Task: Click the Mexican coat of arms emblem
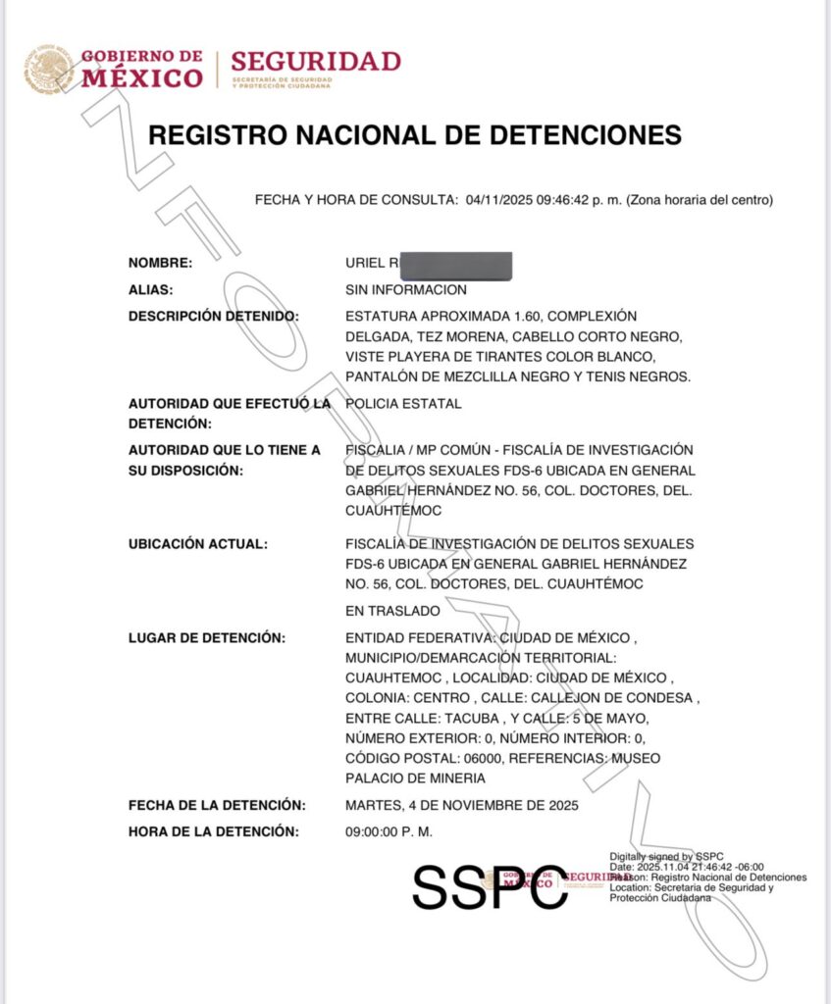point(49,69)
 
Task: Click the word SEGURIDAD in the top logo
point(316,61)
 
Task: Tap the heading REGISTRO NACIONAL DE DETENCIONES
point(415,134)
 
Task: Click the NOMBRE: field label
point(160,263)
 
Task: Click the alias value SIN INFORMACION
point(406,289)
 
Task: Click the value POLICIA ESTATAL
point(403,403)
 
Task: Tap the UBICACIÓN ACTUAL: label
point(197,543)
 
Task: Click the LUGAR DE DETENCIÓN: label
point(206,637)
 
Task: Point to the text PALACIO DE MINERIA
point(415,778)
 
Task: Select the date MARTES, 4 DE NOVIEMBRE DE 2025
point(462,805)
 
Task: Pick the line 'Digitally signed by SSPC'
point(666,856)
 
